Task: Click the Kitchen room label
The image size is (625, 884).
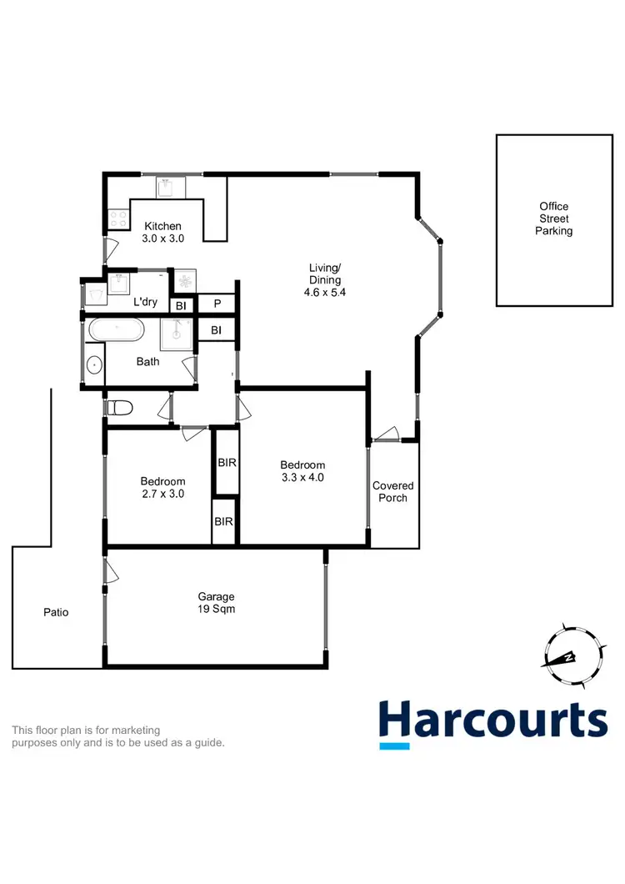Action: pyautogui.click(x=162, y=226)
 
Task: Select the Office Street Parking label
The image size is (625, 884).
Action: pyautogui.click(x=554, y=218)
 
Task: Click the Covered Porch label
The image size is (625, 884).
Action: pyautogui.click(x=393, y=491)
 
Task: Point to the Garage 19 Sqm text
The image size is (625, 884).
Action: pyautogui.click(x=216, y=603)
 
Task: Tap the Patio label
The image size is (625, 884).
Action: pyautogui.click(x=56, y=612)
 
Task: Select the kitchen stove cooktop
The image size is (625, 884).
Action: pyautogui.click(x=117, y=218)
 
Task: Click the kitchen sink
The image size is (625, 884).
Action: pyautogui.click(x=170, y=188)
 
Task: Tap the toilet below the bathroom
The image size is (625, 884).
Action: pyautogui.click(x=122, y=408)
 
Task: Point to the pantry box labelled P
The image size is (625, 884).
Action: pyautogui.click(x=217, y=304)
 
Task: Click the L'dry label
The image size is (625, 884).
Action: pyautogui.click(x=146, y=302)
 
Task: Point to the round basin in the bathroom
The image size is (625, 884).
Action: pyautogui.click(x=94, y=364)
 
